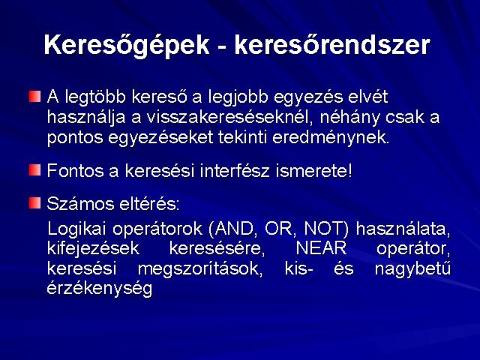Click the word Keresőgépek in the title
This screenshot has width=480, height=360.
tap(127, 46)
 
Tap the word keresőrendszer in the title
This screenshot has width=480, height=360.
tap(332, 45)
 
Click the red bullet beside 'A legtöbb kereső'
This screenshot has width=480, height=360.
tap(34, 97)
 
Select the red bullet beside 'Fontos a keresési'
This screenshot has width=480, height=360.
tap(34, 170)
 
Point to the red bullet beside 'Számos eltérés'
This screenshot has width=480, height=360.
tap(34, 202)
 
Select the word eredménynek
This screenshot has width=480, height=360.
tap(331, 137)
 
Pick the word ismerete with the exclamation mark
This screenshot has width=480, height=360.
tap(313, 170)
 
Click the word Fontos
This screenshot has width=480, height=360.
tap(75, 170)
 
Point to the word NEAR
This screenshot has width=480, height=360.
tap(321, 248)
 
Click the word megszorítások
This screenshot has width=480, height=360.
tap(200, 269)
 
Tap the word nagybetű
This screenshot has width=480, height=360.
tap(412, 269)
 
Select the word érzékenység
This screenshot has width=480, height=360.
tap(100, 289)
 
